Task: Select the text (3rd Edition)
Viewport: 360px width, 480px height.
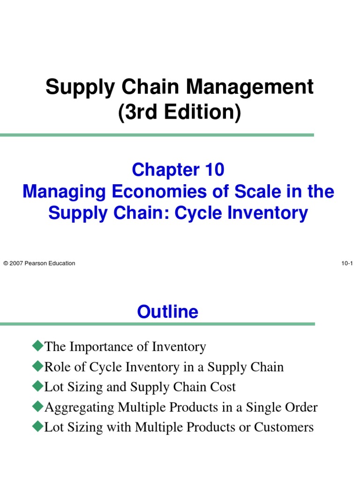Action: point(180,113)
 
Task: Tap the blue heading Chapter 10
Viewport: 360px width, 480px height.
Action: point(178,170)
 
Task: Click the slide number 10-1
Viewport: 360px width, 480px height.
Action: point(347,263)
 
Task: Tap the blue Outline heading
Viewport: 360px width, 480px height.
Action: point(168,312)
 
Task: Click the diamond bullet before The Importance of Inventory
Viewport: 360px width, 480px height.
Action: point(37,346)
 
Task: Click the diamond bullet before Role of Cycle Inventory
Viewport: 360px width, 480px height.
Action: point(37,367)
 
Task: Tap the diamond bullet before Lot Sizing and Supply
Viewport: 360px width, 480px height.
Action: point(37,387)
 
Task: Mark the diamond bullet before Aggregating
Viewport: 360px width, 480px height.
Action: point(37,407)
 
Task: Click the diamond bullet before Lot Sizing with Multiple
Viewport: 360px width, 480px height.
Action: point(37,427)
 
